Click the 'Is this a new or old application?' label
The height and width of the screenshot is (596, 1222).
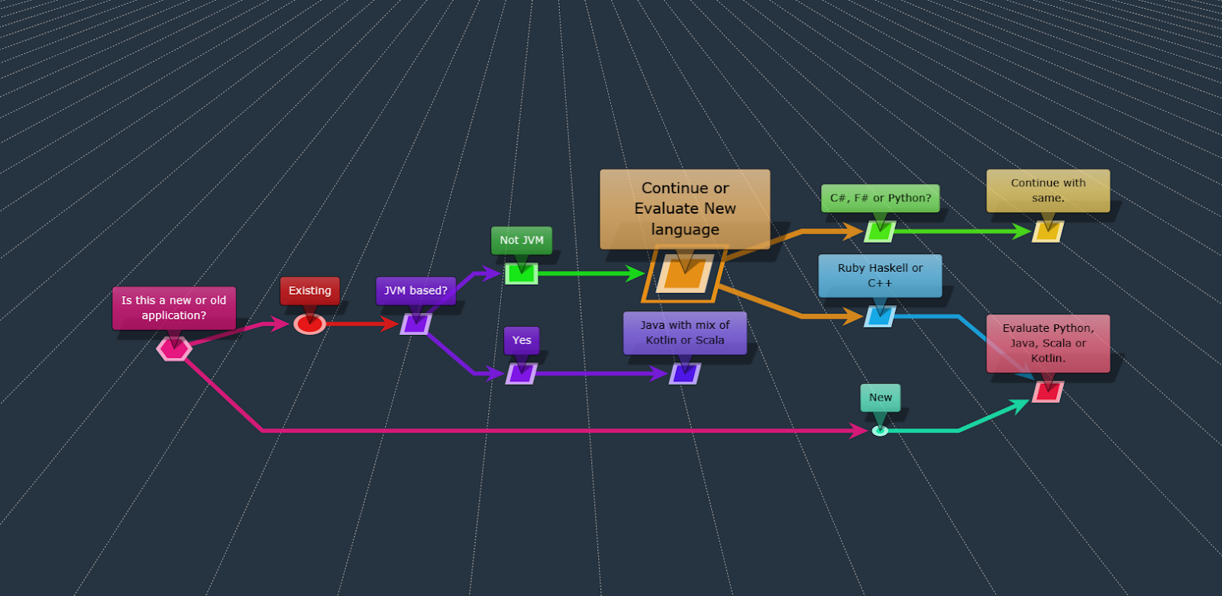pos(174,308)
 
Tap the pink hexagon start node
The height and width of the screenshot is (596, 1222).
pos(174,349)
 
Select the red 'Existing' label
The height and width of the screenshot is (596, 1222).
pos(309,291)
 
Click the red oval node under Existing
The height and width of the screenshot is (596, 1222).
pos(309,324)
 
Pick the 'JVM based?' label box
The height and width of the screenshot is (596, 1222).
pos(415,291)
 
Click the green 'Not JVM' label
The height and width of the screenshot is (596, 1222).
pos(522,240)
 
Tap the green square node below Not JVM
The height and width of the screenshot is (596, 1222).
pos(522,274)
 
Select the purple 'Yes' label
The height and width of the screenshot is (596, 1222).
pos(522,340)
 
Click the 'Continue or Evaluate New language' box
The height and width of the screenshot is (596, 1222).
pos(685,208)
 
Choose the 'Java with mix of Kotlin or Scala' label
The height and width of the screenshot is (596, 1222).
pos(685,333)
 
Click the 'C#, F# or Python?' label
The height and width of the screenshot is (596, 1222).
pos(880,198)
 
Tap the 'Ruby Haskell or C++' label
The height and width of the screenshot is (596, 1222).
pos(880,275)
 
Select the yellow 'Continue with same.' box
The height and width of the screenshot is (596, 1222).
pos(1048,191)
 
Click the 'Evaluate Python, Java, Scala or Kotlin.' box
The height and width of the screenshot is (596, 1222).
pos(1048,343)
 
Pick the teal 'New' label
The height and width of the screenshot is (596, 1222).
pos(880,398)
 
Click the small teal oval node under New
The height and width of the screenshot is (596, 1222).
pos(880,431)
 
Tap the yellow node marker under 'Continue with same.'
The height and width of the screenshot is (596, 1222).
pos(1048,232)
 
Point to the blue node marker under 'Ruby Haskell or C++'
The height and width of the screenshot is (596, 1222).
pos(880,317)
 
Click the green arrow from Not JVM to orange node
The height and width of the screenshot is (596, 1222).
pos(588,274)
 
